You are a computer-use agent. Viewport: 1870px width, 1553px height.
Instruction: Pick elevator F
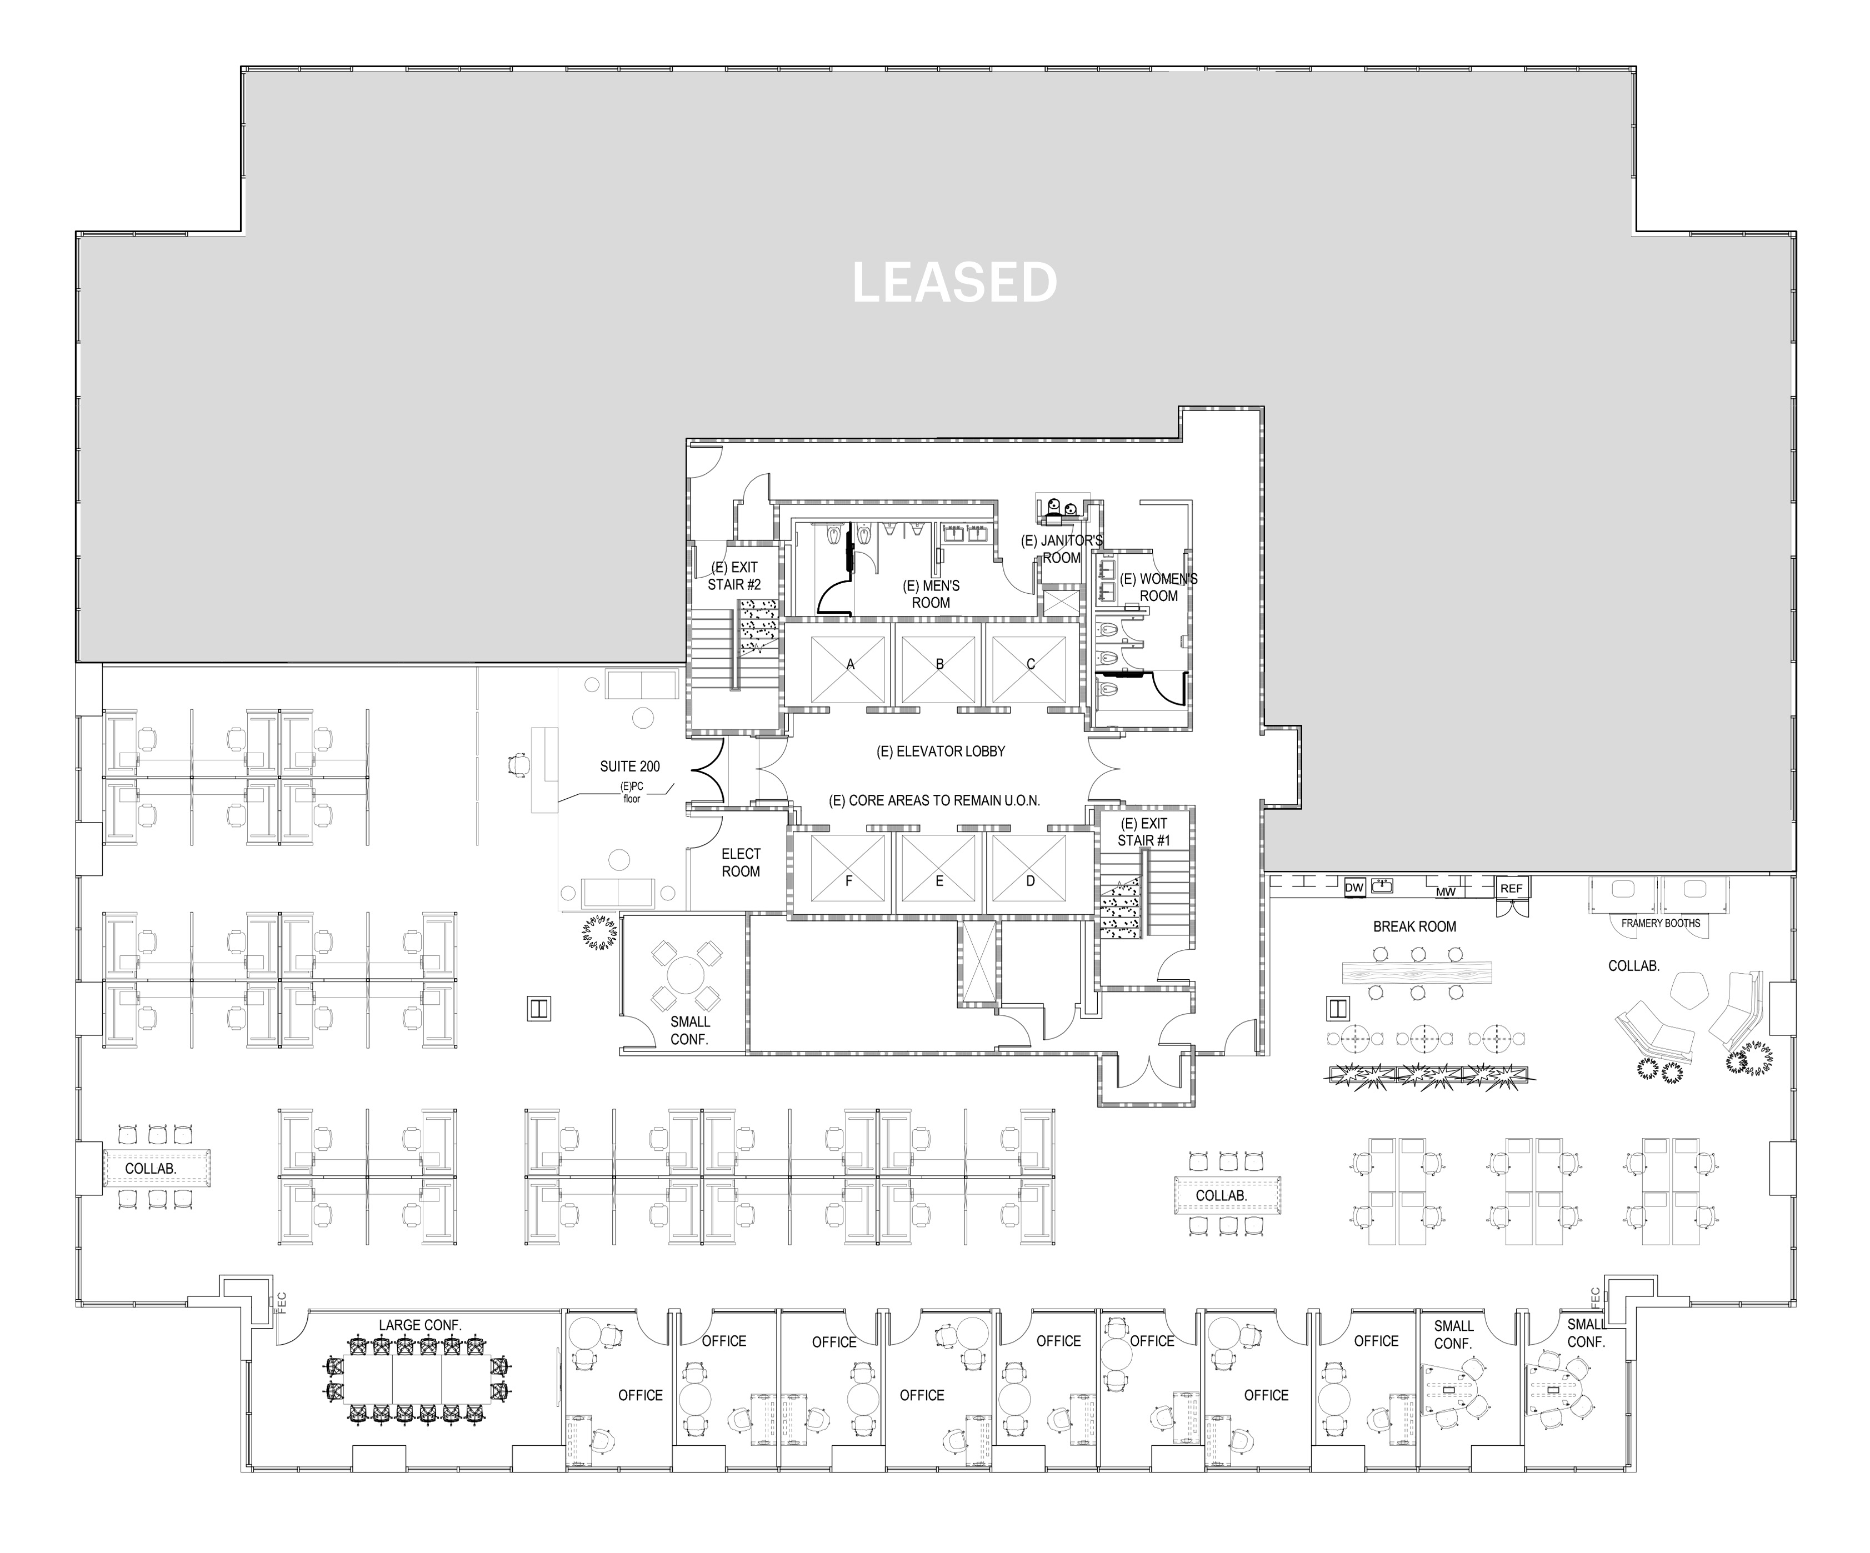849,881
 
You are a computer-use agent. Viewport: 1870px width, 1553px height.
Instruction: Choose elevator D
1031,881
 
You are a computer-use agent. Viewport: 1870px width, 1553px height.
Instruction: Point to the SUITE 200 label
629,767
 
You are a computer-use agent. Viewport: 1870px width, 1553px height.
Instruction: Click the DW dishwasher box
1353,888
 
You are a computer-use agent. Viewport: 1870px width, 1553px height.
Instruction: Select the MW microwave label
1445,891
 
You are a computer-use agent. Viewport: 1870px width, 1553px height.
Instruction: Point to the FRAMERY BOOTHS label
1660,924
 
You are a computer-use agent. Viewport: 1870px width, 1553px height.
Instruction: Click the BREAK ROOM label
1414,927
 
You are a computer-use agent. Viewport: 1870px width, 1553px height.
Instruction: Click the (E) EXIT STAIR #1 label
1143,831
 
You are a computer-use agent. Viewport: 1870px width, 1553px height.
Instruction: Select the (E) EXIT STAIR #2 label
734,576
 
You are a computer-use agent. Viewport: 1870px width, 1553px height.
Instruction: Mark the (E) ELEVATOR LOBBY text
941,752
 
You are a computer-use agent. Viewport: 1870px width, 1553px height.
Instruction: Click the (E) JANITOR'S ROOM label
1062,549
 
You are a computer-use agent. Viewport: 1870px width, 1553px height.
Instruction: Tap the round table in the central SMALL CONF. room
686,975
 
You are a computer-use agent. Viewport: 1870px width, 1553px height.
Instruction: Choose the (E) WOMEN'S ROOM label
1158,588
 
